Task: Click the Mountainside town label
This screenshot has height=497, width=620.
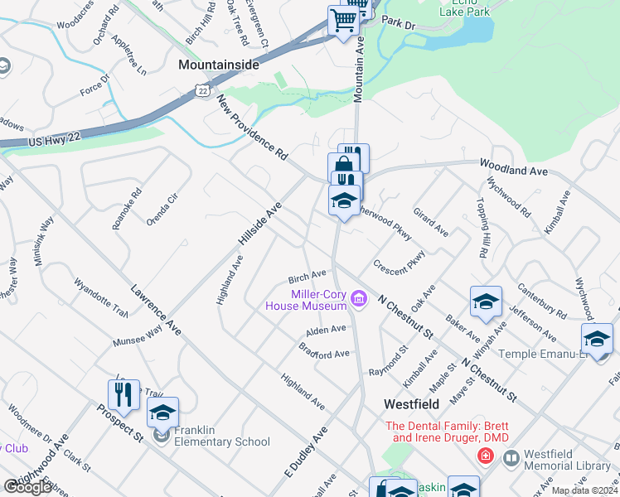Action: (x=219, y=64)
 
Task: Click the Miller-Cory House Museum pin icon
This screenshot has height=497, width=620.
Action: (x=359, y=298)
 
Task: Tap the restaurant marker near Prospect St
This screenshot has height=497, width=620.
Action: (x=124, y=395)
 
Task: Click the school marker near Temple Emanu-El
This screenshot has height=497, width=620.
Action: (x=597, y=339)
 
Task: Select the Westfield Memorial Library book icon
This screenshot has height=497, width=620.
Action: (x=511, y=457)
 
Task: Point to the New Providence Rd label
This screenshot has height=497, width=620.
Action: (x=252, y=127)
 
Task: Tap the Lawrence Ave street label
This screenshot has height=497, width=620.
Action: (x=157, y=311)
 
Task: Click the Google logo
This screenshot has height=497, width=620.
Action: (x=27, y=486)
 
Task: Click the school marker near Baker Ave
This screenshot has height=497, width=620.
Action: (x=486, y=302)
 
